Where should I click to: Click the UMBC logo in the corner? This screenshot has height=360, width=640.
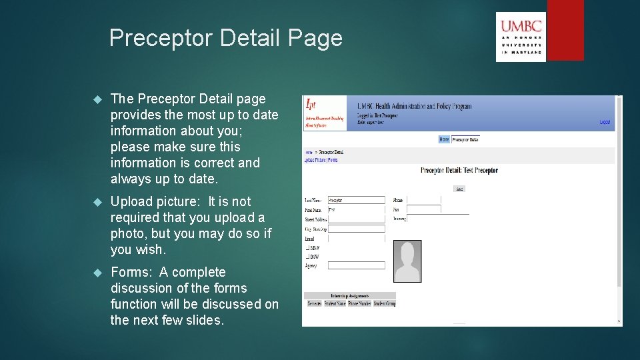coord(521,37)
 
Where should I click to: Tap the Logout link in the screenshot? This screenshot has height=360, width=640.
coord(604,122)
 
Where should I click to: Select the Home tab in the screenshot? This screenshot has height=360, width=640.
coord(444,139)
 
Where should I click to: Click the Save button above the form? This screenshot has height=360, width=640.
coord(459,189)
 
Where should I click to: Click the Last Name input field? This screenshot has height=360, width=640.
coord(356,200)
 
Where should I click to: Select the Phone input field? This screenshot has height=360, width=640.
coord(423,200)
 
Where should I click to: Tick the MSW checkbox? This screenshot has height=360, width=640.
coord(307,247)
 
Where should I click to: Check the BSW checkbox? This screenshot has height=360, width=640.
coord(307,256)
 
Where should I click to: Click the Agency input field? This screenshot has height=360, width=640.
coord(356,265)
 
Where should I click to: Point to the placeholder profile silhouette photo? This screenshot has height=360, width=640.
coord(407,261)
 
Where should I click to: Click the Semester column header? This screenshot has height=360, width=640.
coord(314,303)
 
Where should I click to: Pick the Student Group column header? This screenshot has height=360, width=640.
coord(384,303)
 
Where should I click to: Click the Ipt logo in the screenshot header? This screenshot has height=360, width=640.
coord(325,113)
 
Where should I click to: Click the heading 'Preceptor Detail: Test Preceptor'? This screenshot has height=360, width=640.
coord(459,171)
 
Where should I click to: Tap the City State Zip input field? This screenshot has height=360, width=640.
coord(356,228)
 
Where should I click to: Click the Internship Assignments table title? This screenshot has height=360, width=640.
coord(349,295)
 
